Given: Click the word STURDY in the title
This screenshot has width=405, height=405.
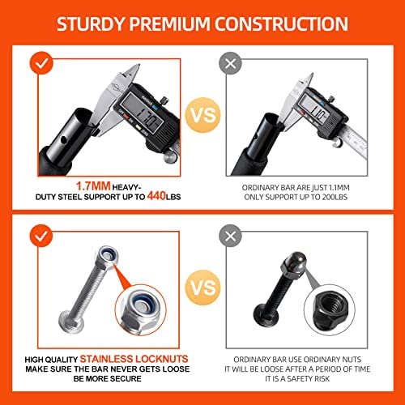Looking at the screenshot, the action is point(91,23).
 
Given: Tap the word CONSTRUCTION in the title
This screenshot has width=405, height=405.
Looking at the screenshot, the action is point(282,23).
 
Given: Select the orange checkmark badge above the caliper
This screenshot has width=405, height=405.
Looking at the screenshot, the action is point(41,62).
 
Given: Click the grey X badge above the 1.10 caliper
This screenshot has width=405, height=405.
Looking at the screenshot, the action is point(230,63).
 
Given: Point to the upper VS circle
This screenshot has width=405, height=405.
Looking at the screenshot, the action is point(203,115).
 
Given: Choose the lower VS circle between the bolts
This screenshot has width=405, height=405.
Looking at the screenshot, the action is point(203,288).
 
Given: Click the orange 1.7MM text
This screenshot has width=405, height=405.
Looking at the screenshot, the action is point(93,186).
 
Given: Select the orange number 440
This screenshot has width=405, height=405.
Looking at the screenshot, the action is point(156,196).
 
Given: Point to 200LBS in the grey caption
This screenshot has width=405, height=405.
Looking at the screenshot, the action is point(335,197).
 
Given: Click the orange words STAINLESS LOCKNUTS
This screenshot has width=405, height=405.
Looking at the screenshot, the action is point(134,359).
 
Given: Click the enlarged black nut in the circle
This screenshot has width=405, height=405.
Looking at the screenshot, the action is point(330,308).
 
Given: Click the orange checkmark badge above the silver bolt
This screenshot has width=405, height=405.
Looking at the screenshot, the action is point(41,235).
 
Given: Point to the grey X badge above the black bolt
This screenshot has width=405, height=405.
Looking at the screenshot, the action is point(230,236).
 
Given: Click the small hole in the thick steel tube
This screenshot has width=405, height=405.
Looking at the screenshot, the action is point(64,140).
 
